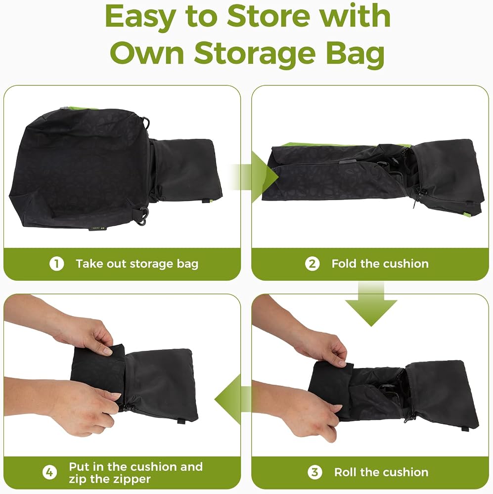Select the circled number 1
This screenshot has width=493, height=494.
(57, 264)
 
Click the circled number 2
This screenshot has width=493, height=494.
(312, 264)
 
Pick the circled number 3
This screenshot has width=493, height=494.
(315, 472)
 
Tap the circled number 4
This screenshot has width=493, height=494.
(50, 472)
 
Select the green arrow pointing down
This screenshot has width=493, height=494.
(371, 304)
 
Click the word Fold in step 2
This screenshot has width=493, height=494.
(344, 263)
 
